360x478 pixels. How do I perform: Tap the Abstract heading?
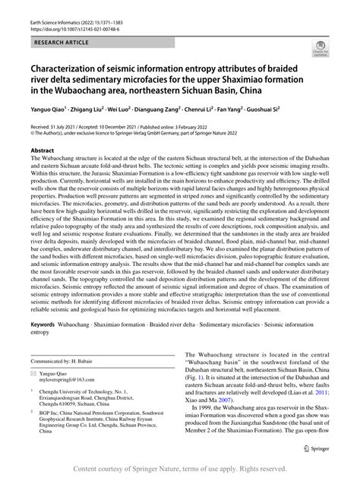click(x=42, y=151)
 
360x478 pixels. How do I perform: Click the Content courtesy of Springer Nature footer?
click(x=179, y=470)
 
